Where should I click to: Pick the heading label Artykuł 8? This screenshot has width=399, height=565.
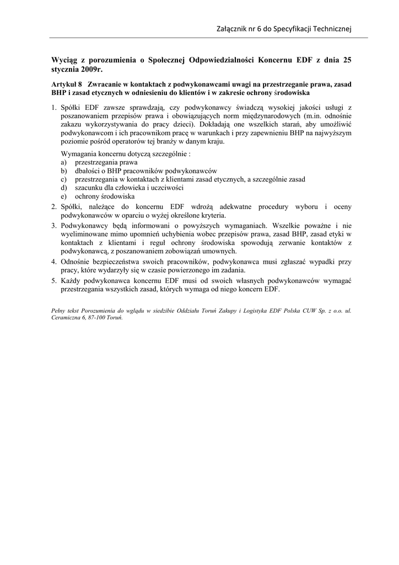pyautogui.click(x=67, y=84)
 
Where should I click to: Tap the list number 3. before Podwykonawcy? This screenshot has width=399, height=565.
pyautogui.click(x=54, y=225)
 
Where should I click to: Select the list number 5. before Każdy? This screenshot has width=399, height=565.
pyautogui.click(x=54, y=280)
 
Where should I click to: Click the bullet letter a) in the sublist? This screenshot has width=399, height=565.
pyautogui.click(x=64, y=163)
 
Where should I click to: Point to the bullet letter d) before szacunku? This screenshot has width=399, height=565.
pyautogui.click(x=64, y=188)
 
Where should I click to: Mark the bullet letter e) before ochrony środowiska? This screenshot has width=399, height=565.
pyautogui.click(x=64, y=196)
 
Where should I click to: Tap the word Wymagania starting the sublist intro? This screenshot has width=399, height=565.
pyautogui.click(x=78, y=154)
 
